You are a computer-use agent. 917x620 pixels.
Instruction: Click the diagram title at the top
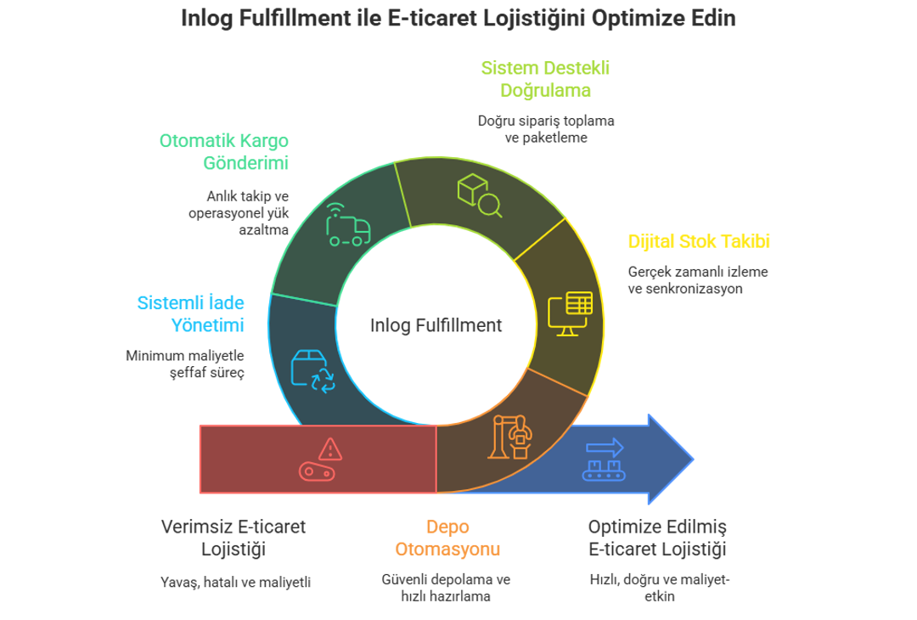(458, 19)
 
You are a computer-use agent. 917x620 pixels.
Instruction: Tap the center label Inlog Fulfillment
(436, 325)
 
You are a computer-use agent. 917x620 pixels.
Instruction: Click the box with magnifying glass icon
(478, 194)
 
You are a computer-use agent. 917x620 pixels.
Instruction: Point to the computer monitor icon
(569, 313)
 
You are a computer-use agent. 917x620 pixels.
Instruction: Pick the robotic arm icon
(510, 437)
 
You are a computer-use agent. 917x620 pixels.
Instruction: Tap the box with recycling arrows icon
(312, 371)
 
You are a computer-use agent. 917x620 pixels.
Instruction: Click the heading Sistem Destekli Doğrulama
(546, 78)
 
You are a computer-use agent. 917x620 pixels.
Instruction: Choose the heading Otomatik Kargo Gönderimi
(224, 151)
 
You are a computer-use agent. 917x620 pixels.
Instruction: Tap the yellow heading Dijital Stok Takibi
(699, 242)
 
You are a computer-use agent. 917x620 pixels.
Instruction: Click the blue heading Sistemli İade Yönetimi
(191, 313)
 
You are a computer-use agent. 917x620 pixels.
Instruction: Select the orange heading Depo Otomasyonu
(447, 538)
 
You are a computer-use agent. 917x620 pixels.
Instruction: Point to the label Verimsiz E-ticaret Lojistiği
(233, 538)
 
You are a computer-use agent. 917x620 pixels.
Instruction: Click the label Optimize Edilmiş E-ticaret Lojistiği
(658, 538)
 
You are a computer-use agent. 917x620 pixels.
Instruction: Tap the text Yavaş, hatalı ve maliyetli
(236, 583)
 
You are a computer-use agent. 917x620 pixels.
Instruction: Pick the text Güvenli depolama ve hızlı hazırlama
(446, 588)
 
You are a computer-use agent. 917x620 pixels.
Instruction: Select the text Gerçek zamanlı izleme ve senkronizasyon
(698, 280)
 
